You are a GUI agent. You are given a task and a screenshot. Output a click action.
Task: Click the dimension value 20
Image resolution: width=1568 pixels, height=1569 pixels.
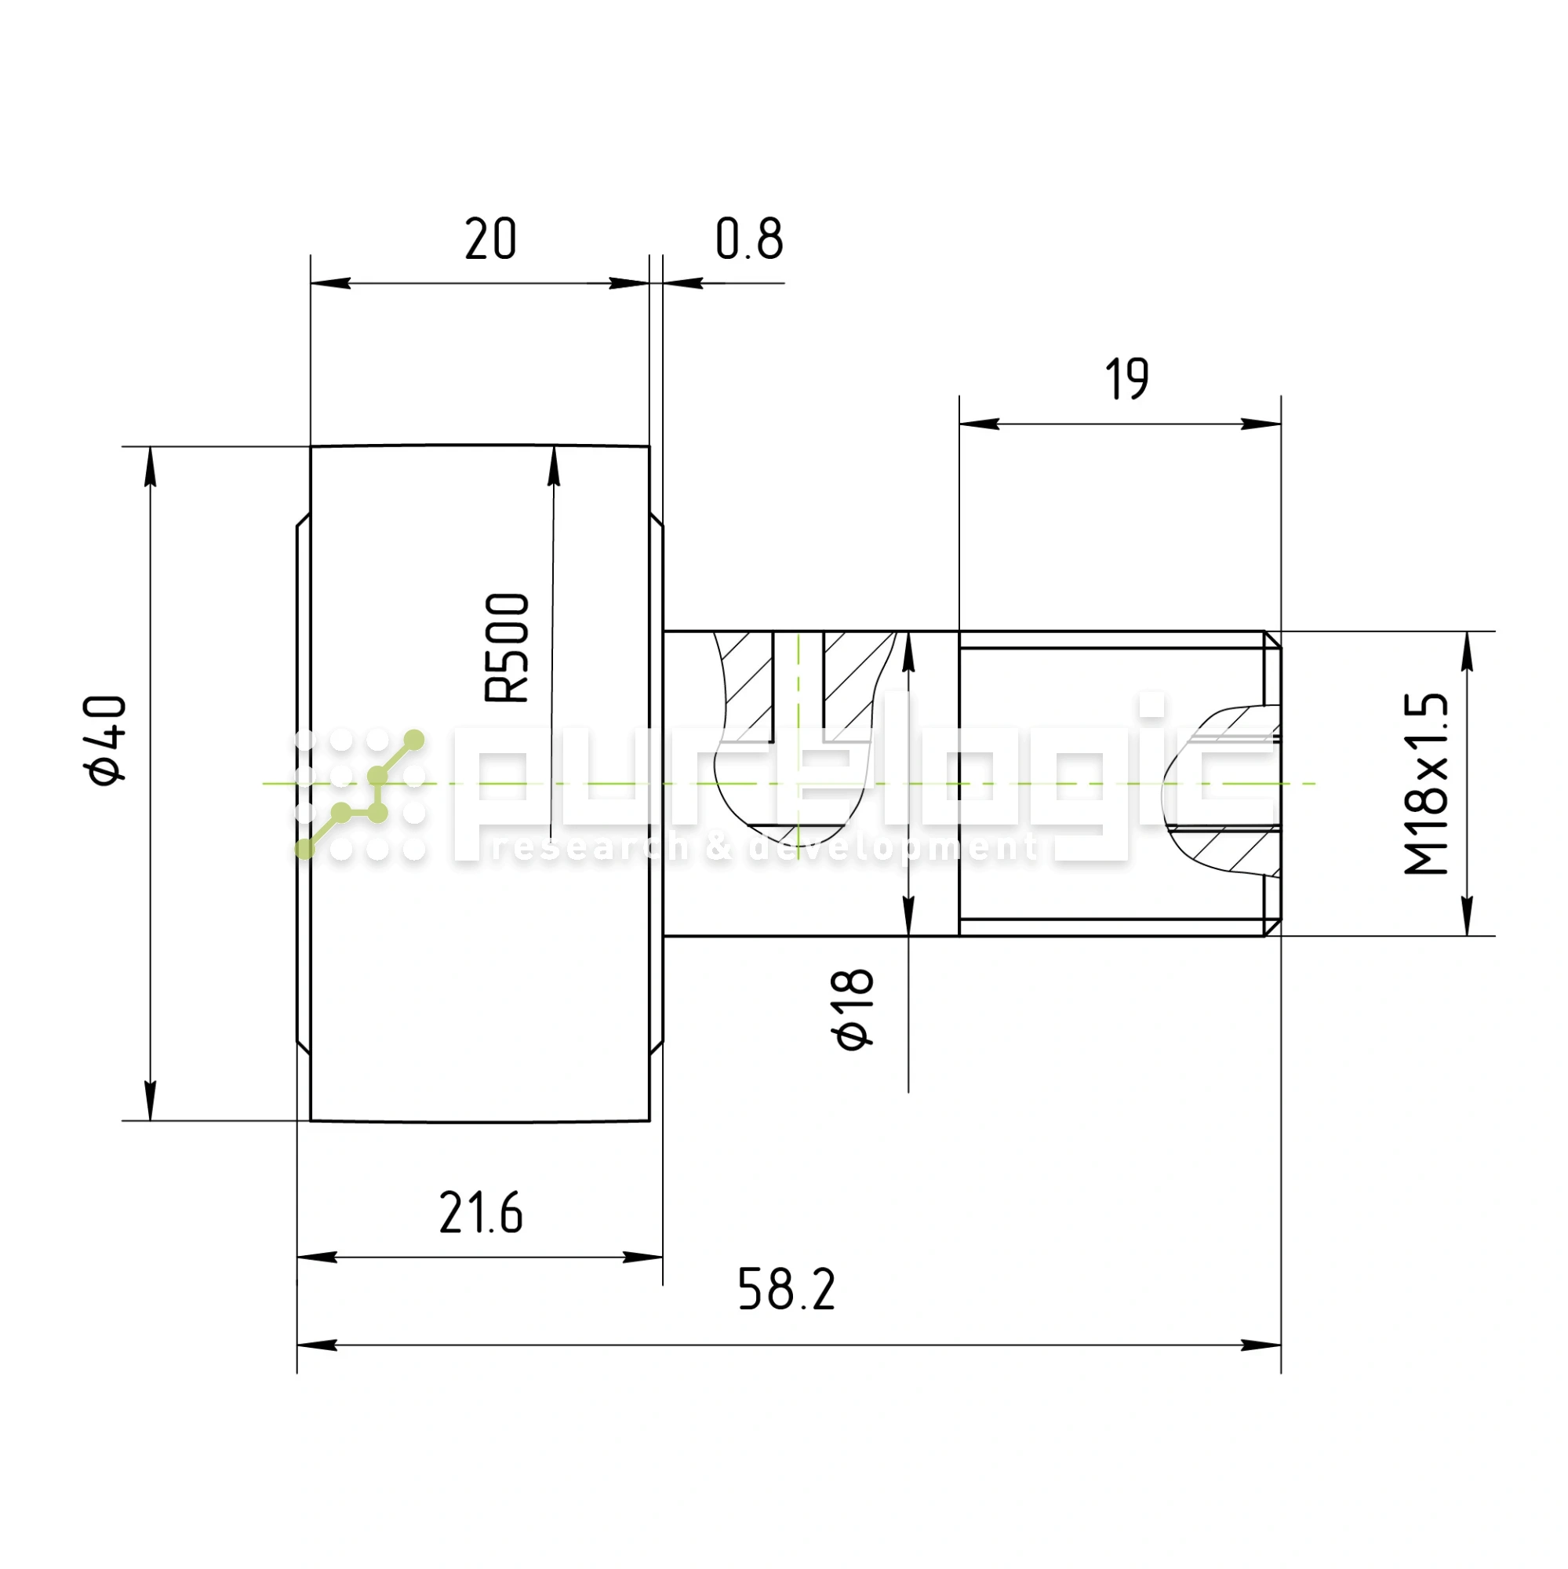coord(489,238)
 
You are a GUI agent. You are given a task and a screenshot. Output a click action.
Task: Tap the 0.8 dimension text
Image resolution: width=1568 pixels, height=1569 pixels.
coord(748,238)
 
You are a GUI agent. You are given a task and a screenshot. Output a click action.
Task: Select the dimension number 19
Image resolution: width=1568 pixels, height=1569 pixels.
coord(1126,378)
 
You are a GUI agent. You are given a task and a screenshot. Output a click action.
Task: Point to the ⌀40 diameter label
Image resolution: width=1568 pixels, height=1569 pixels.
coord(106,740)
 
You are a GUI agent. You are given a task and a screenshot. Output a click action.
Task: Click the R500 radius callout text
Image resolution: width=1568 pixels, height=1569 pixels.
coord(507,647)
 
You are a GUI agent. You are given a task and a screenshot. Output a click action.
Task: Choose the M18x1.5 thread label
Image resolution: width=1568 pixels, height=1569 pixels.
coord(1426,784)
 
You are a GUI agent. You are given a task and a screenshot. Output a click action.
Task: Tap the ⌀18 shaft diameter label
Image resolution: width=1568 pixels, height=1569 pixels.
coord(853,1010)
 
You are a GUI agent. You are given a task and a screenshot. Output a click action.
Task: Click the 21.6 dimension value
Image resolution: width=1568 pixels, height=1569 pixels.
coord(481,1214)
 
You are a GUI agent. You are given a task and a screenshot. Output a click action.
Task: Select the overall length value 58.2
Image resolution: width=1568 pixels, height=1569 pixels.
coord(786,1289)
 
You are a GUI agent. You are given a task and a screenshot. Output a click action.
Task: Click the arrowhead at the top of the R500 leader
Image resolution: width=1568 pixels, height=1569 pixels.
coord(554,466)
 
